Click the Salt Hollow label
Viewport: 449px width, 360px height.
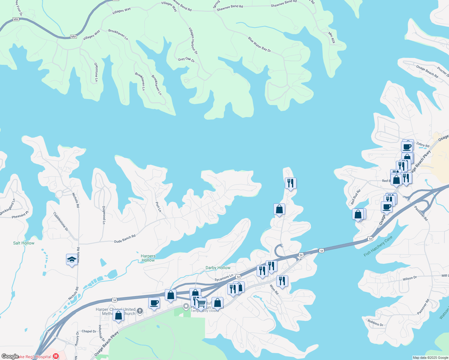tap(24, 243)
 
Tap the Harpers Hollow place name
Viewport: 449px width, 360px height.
tap(148, 258)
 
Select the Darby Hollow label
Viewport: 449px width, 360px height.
tap(218, 268)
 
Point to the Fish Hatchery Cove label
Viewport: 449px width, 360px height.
tap(378, 246)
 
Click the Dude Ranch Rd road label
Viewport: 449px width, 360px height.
tap(125, 239)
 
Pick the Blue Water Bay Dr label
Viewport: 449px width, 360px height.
tap(259, 44)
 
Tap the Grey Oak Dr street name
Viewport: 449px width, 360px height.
tap(186, 59)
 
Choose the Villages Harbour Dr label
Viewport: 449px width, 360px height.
tap(193, 40)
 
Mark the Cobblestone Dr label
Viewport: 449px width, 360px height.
tap(61, 222)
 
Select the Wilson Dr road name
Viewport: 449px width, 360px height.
tap(410, 278)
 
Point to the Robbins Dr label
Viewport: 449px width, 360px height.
tap(375, 323)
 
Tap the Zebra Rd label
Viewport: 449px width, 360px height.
tap(423, 145)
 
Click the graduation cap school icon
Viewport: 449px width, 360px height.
tap(72, 259)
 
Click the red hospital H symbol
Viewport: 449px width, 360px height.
tap(56, 356)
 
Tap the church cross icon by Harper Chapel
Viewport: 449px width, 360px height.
tap(140, 311)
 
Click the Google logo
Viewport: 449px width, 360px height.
tap(10, 356)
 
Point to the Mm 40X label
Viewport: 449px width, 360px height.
tap(331, 38)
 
